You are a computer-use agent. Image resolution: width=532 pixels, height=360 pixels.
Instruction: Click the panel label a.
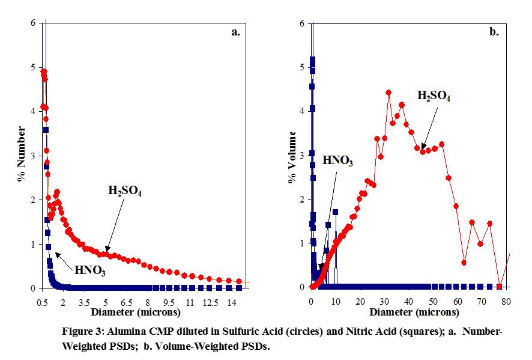235,32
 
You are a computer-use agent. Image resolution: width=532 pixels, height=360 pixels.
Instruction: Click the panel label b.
494,32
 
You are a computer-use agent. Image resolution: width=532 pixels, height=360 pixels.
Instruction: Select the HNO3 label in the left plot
90,270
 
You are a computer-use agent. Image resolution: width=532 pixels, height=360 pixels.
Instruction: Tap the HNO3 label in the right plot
338,160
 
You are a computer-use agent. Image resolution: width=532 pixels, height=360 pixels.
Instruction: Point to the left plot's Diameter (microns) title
135,313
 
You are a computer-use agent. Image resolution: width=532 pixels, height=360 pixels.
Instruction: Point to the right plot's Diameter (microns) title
414,313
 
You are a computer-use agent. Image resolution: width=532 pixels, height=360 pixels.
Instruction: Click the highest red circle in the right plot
388,93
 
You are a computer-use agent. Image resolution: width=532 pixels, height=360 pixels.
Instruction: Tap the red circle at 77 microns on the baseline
499,287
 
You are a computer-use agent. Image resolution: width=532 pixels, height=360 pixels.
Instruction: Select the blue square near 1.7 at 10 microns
335,212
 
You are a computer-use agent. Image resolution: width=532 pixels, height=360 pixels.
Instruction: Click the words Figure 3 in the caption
80,331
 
